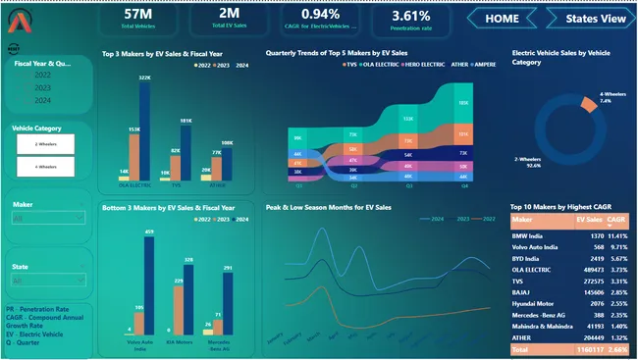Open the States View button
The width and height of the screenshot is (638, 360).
587,18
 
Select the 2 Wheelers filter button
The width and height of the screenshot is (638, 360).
46,142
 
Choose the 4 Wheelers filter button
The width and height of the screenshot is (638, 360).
46,167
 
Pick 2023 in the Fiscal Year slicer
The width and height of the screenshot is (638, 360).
44,87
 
